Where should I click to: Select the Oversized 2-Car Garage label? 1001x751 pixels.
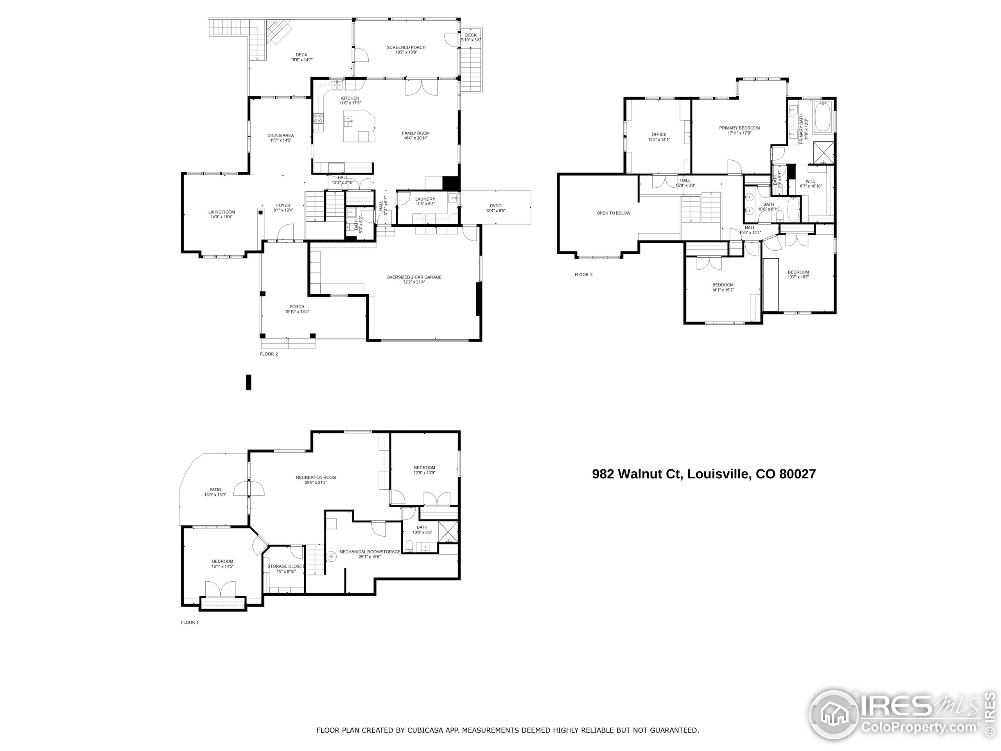(414, 277)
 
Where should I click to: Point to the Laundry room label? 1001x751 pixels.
(425, 199)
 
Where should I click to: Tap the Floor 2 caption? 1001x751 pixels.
(269, 354)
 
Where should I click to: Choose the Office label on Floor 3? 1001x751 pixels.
(659, 135)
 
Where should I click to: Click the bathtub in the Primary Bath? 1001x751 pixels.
(823, 117)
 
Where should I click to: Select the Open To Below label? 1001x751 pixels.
(613, 213)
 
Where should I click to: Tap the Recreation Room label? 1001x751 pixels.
(316, 478)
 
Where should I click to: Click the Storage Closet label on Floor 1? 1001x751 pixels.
(285, 566)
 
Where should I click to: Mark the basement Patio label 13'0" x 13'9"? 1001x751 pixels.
(215, 495)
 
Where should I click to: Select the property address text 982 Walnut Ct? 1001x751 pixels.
(636, 474)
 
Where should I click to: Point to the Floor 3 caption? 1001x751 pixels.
(583, 275)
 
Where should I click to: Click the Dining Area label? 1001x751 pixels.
(281, 135)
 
